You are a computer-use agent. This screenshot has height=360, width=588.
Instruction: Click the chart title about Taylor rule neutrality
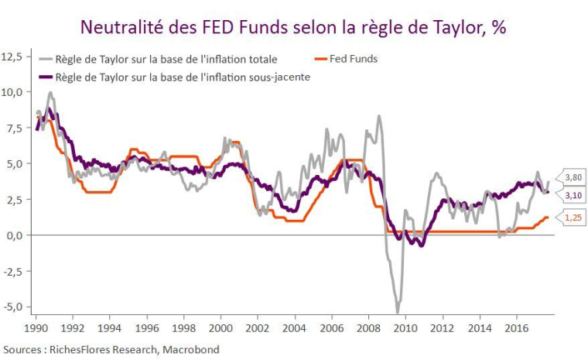(293, 27)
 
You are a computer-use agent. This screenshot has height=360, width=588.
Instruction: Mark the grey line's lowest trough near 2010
(398, 312)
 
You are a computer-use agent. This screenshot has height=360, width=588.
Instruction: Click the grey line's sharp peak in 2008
(378, 116)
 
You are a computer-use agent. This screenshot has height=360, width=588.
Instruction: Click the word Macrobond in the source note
(193, 349)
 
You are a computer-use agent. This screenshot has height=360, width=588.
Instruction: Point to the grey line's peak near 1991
(51, 93)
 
